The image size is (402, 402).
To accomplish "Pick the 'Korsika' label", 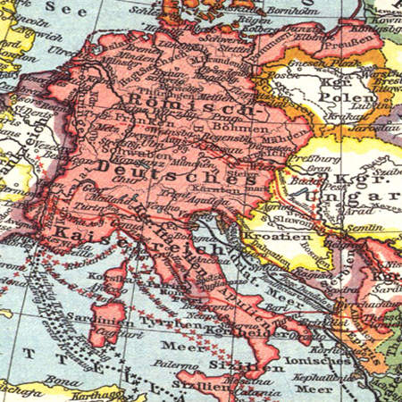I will pos(106,278).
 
